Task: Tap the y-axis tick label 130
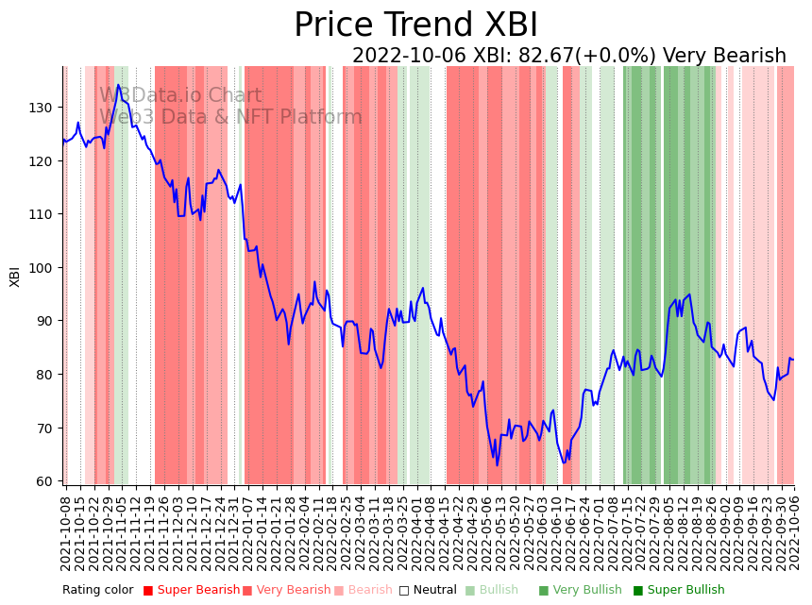41,108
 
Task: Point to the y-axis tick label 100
41,268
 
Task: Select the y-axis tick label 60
44,481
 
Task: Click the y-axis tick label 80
44,375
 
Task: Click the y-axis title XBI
15,275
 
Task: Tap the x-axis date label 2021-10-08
66,532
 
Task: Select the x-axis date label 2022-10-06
794,532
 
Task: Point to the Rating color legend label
98,591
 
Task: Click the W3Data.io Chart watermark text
180,95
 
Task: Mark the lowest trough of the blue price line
497,465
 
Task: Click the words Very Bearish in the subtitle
724,56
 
